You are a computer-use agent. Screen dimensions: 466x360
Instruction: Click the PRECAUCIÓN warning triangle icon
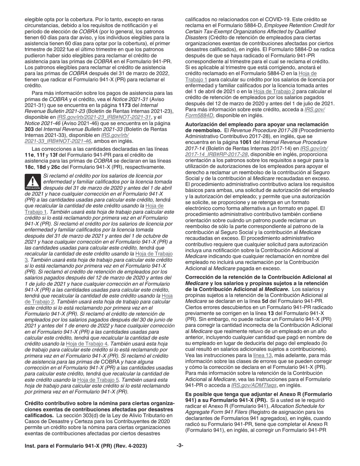point(32,182)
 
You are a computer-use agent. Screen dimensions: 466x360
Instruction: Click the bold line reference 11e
point(28,155)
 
